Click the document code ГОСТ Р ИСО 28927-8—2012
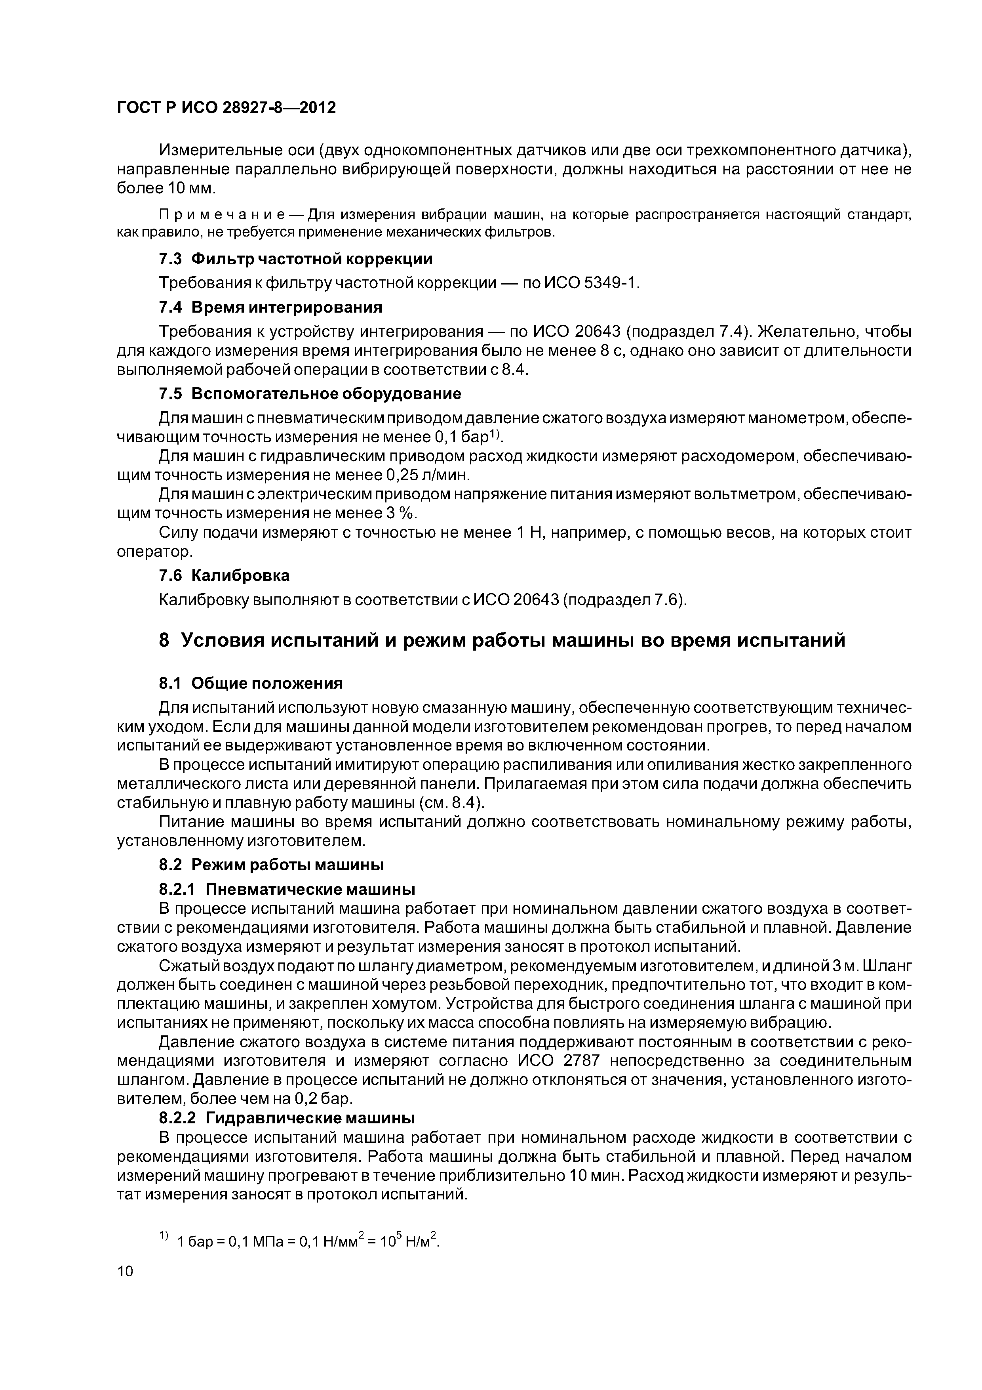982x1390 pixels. pyautogui.click(x=226, y=108)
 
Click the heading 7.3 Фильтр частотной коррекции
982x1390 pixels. pyautogui.click(x=295, y=259)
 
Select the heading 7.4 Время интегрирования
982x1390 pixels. pyautogui.click(x=270, y=307)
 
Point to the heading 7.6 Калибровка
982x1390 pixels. pyautogui.click(x=224, y=575)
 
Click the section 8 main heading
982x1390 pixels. pyautogui.click(x=502, y=640)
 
